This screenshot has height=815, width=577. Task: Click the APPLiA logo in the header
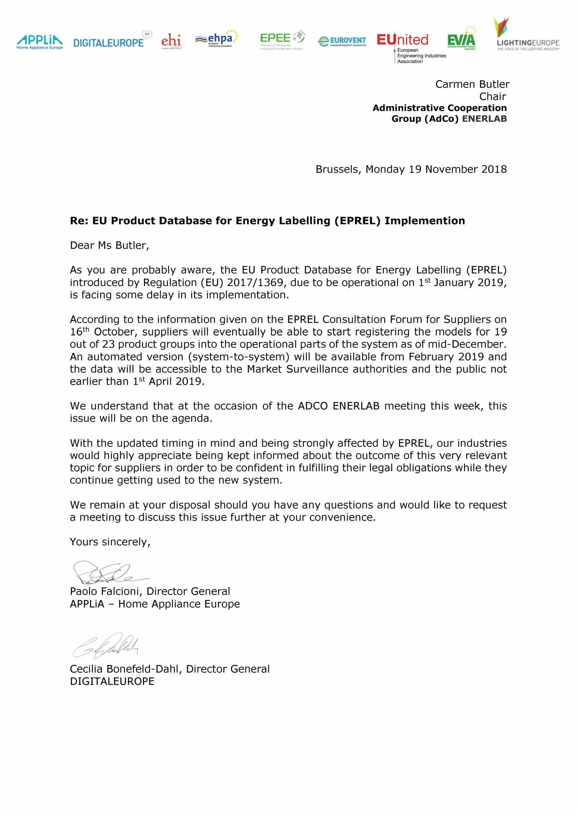(x=39, y=42)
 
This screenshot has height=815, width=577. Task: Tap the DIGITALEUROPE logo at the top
(x=112, y=41)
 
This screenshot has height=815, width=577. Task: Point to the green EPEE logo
(x=282, y=40)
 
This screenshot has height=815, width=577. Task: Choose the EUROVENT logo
(x=341, y=41)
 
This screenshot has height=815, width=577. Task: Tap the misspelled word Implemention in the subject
(x=424, y=221)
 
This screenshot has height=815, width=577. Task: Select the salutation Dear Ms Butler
(x=109, y=245)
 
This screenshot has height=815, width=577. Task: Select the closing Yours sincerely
(x=110, y=542)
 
